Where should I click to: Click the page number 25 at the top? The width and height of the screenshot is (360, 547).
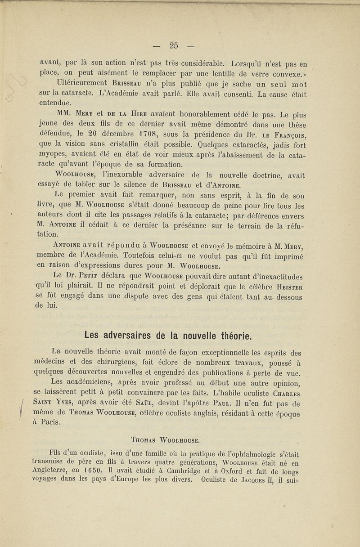click(174, 45)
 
